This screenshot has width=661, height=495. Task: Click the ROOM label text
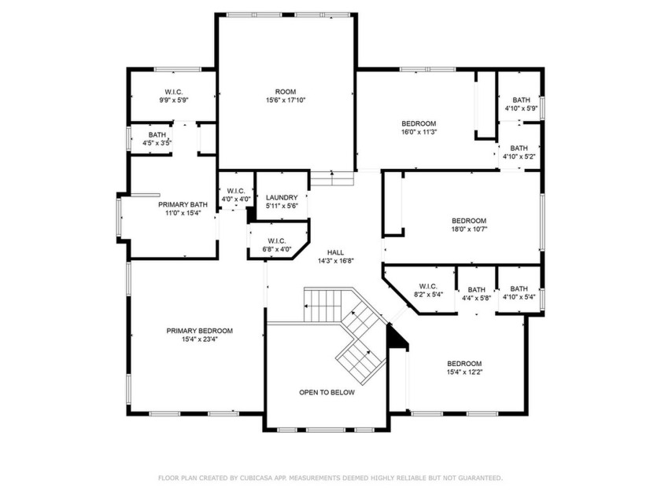pos(286,92)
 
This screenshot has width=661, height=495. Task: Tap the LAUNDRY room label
pos(282,197)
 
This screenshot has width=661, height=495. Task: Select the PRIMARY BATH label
pos(183,204)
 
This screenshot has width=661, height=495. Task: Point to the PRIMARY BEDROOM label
pos(199,331)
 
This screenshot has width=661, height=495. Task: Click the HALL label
pos(335,252)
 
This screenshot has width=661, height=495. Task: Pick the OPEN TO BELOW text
pos(327,392)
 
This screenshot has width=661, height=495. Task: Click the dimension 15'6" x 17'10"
pos(286,101)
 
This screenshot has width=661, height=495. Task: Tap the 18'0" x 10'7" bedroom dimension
pos(469,229)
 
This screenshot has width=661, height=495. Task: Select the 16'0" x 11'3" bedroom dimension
pos(419,132)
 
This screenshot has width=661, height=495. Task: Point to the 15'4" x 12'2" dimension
pos(464,372)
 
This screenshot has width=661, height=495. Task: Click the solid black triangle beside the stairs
pos(395,338)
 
